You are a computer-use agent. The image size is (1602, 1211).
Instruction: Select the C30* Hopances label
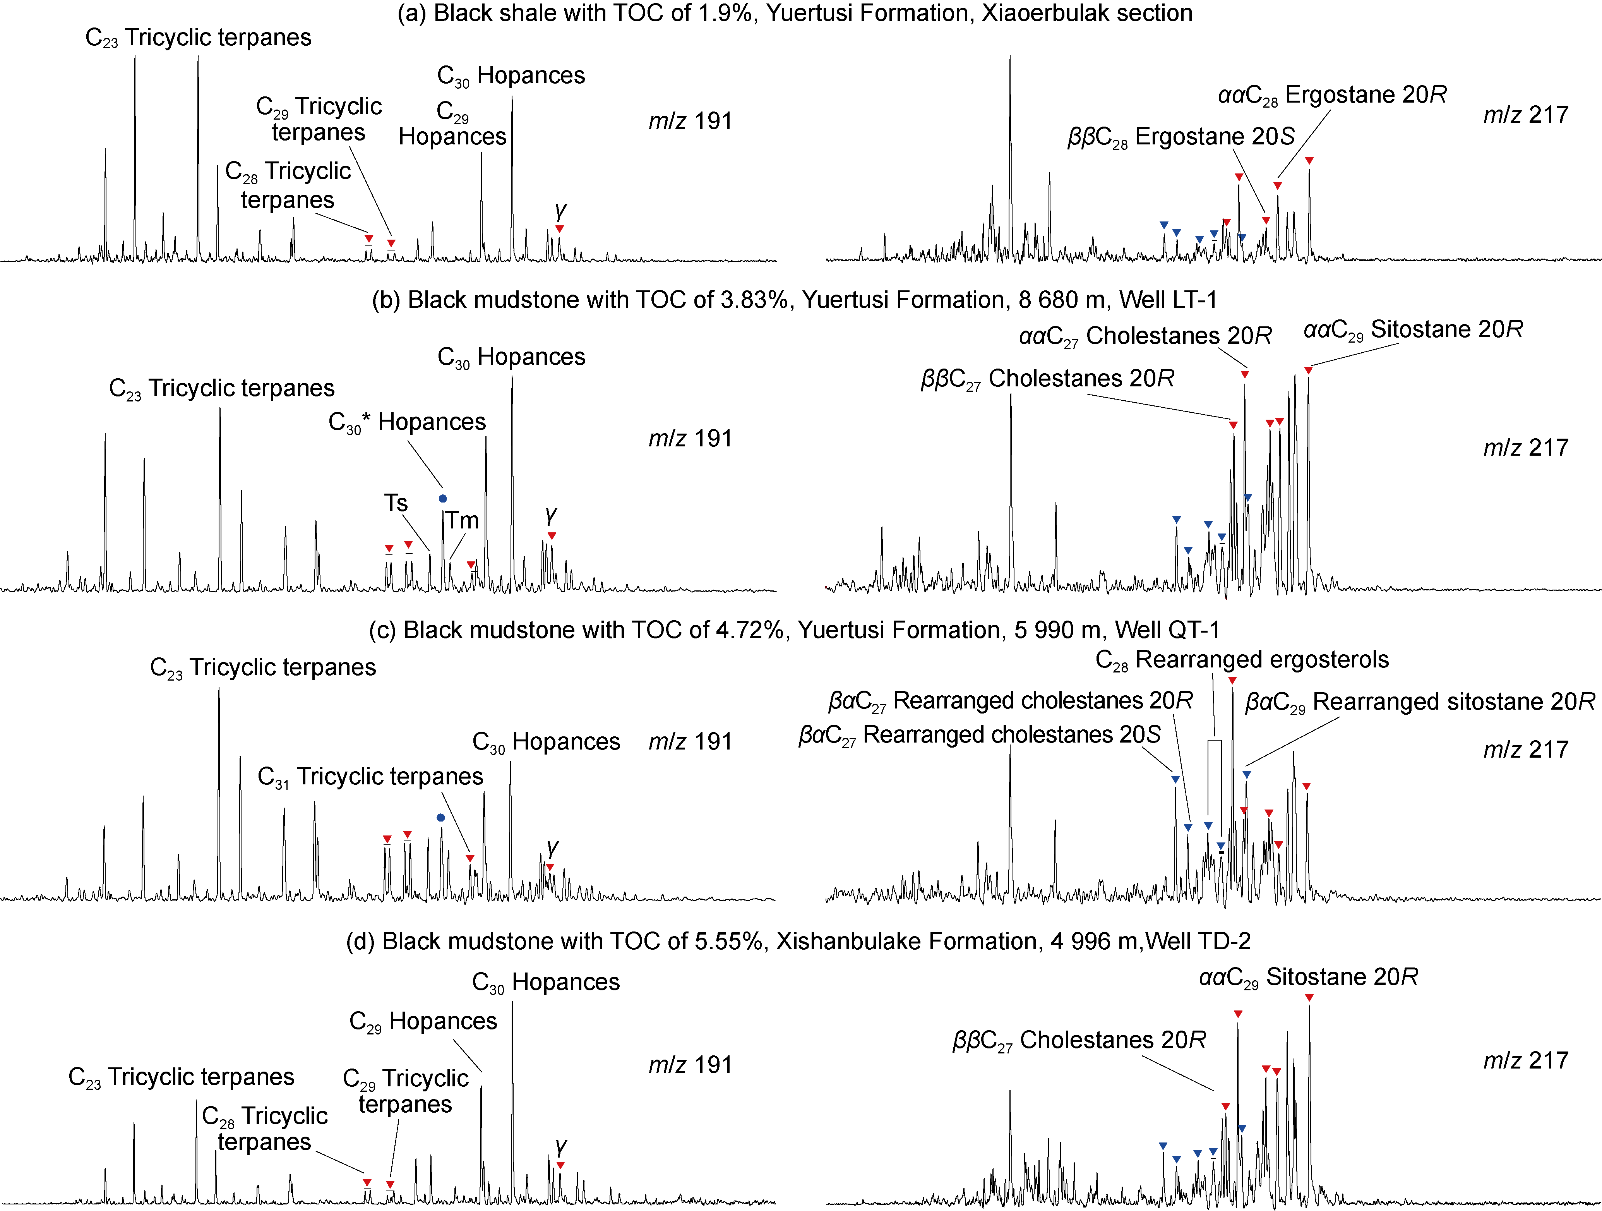pos(407,422)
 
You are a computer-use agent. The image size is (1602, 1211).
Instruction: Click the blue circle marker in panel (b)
pos(443,498)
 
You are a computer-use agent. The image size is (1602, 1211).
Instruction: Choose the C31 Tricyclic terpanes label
pos(370,777)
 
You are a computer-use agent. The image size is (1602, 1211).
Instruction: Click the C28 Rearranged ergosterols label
pos(1242,660)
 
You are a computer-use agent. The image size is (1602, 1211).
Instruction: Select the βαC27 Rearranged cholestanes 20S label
pos(979,735)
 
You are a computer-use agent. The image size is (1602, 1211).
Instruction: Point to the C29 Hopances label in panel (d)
pos(423,1021)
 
